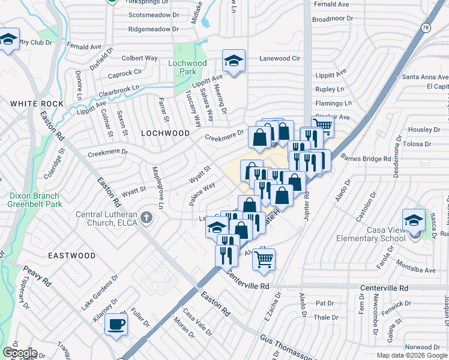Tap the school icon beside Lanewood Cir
pyautogui.click(x=234, y=60)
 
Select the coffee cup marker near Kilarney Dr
pyautogui.click(x=116, y=324)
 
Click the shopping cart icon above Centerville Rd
pyautogui.click(x=264, y=259)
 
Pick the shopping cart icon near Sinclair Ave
pyautogui.click(x=323, y=125)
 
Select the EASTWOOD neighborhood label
pyautogui.click(x=71, y=256)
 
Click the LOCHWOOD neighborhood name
pyautogui.click(x=165, y=133)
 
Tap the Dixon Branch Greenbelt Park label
pyautogui.click(x=34, y=200)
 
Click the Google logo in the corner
pyautogui.click(x=19, y=353)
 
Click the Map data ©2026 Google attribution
pyautogui.click(x=412, y=355)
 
